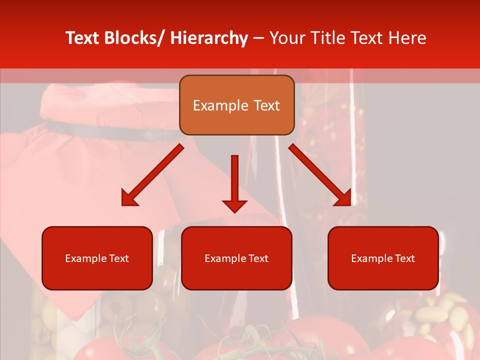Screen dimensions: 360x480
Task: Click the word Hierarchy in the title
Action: coord(209,38)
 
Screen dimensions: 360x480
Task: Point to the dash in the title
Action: coord(258,38)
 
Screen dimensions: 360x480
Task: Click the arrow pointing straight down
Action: coord(234,182)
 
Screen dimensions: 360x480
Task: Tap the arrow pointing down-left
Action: coord(152,175)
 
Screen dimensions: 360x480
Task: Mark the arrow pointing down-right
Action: coord(320,175)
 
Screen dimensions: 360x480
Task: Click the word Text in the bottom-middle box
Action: coord(258,258)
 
